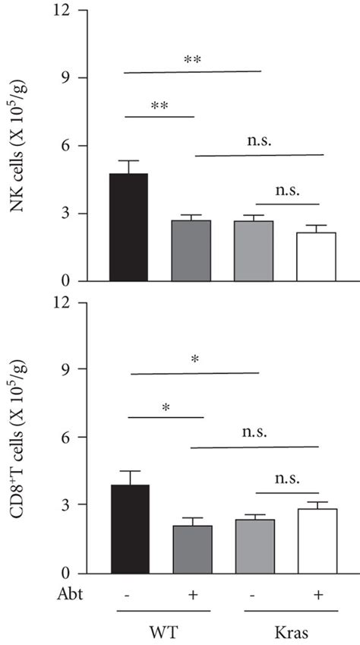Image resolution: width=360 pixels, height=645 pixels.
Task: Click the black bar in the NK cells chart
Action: pos(128,227)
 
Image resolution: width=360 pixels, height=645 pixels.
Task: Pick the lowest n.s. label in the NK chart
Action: pos(288,188)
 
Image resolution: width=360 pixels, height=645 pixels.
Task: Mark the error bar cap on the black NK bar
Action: pos(128,161)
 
